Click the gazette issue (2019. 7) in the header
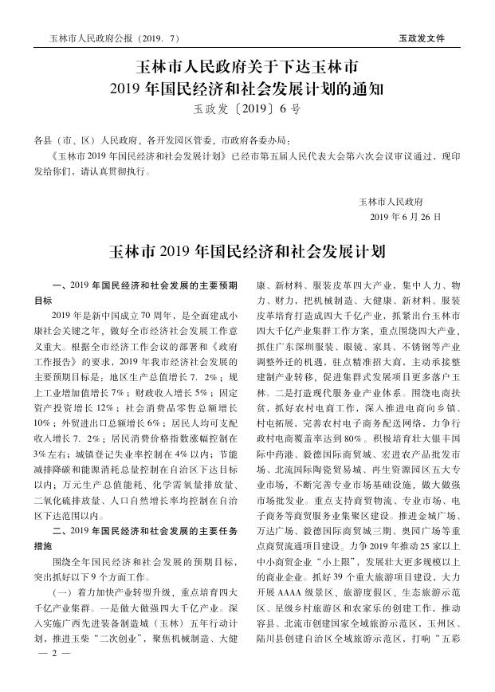tap(159, 37)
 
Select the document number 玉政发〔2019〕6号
tap(247, 108)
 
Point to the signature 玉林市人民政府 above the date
tap(390, 201)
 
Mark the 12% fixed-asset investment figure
tap(118, 407)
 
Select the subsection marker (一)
tap(61, 588)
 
